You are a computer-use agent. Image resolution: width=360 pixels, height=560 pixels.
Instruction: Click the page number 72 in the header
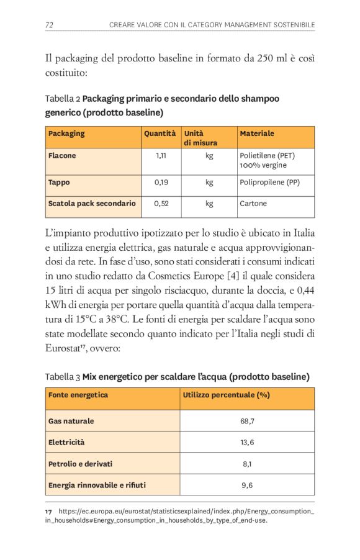(x=49, y=24)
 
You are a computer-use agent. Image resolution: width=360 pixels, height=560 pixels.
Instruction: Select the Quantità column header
(x=160, y=133)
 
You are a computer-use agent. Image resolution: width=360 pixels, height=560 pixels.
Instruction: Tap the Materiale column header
(x=256, y=133)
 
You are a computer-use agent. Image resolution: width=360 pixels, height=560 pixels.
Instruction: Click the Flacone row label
(x=62, y=156)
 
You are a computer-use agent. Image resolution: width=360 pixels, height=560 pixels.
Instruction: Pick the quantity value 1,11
(x=160, y=156)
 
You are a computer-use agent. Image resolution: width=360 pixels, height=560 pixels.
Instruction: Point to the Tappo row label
(x=59, y=183)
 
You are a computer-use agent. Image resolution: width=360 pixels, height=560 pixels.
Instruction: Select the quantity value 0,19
(x=160, y=183)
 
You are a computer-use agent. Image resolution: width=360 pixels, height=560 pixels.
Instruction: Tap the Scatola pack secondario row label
(x=92, y=203)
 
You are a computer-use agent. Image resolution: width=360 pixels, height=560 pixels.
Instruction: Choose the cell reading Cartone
(x=253, y=203)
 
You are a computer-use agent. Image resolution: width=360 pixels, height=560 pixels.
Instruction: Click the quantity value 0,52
(x=161, y=203)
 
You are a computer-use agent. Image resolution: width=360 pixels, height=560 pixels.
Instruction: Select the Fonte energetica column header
(x=78, y=395)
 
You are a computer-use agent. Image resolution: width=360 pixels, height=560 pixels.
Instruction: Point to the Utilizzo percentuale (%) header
(x=226, y=395)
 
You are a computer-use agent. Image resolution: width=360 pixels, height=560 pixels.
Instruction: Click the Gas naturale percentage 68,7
(x=246, y=421)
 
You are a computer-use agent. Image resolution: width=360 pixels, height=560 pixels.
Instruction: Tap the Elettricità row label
(x=66, y=443)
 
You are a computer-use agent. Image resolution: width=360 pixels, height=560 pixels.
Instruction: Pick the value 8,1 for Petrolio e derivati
(x=246, y=464)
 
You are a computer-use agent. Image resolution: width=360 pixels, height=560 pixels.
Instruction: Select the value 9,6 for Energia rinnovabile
(x=246, y=485)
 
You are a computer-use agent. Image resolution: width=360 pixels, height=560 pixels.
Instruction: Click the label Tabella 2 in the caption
(x=62, y=99)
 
